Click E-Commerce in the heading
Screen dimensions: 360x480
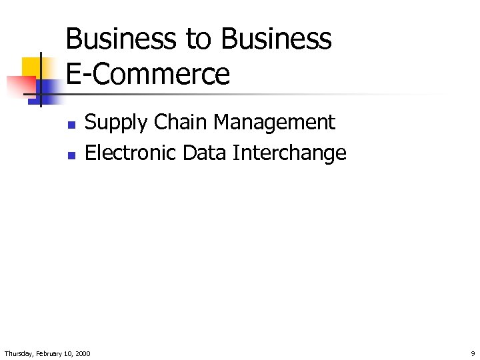tap(148, 73)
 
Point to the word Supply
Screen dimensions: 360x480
tap(116, 123)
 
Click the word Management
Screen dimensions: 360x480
tap(275, 123)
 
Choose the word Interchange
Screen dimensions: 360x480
tap(289, 153)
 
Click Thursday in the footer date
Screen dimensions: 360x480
tap(19, 353)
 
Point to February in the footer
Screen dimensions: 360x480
tap(51, 353)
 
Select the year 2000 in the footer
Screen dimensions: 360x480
tap(83, 353)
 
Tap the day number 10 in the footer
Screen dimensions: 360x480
tap(69, 353)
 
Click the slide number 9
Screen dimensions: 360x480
tap(473, 353)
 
